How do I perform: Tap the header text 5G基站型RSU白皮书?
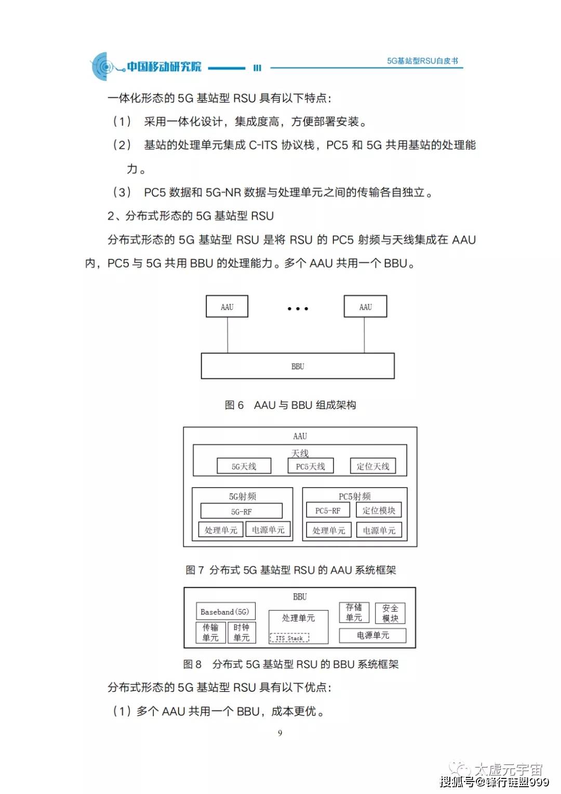(x=422, y=61)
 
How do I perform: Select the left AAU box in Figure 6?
(x=227, y=307)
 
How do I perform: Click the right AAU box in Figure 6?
(x=365, y=307)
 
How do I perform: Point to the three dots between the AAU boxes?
(x=298, y=309)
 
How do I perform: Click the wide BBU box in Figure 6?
(x=298, y=366)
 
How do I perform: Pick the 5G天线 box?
(x=244, y=466)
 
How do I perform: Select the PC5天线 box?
(x=311, y=466)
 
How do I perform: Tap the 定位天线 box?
(x=373, y=466)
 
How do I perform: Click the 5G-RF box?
(x=242, y=511)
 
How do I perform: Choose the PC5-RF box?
(x=328, y=511)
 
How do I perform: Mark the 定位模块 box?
(x=379, y=510)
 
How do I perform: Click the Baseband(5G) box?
(x=225, y=612)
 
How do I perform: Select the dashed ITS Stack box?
(x=289, y=638)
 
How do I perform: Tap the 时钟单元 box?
(x=242, y=632)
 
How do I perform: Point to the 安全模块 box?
(x=390, y=613)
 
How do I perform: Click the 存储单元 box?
(x=354, y=613)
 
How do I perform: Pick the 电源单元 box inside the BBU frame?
(x=373, y=635)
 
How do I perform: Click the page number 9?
(x=280, y=733)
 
